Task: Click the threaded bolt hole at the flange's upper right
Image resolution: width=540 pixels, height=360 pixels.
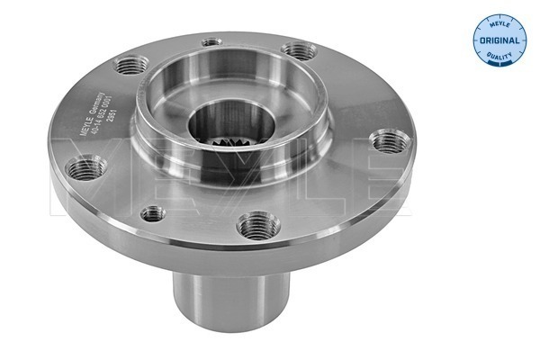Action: (295, 51)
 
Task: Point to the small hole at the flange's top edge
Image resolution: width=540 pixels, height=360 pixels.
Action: (211, 41)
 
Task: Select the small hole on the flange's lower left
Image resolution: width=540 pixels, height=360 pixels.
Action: (154, 213)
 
